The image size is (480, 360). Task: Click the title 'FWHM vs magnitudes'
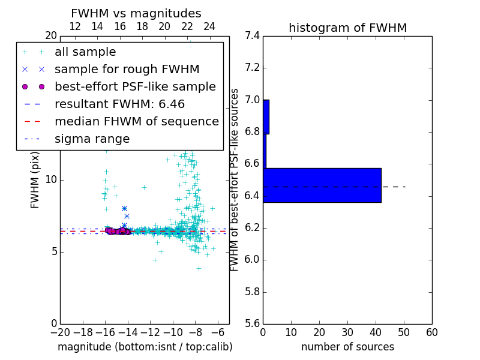pyautogui.click(x=136, y=13)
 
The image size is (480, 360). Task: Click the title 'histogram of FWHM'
pyautogui.click(x=347, y=28)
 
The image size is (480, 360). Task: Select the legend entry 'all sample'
pyautogui.click(x=85, y=52)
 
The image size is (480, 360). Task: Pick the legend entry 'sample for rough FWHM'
pyautogui.click(x=127, y=69)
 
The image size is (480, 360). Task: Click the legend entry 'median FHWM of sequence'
pyautogui.click(x=136, y=121)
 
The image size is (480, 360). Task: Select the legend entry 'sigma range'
pyautogui.click(x=92, y=139)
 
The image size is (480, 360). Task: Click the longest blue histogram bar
pyautogui.click(x=322, y=185)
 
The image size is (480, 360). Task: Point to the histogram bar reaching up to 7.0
pyautogui.click(x=266, y=116)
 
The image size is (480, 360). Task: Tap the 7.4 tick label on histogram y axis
pyautogui.click(x=253, y=36)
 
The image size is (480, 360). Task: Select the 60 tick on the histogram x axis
pyautogui.click(x=431, y=332)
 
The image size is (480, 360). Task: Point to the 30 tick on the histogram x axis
pyautogui.click(x=347, y=332)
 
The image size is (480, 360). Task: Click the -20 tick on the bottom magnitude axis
pyautogui.click(x=59, y=332)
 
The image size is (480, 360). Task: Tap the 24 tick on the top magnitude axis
pyautogui.click(x=209, y=26)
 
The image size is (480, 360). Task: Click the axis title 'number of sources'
pyautogui.click(x=347, y=347)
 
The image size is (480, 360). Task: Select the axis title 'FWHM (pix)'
pyautogui.click(x=35, y=180)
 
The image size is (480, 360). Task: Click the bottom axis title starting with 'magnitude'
pyautogui.click(x=145, y=347)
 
